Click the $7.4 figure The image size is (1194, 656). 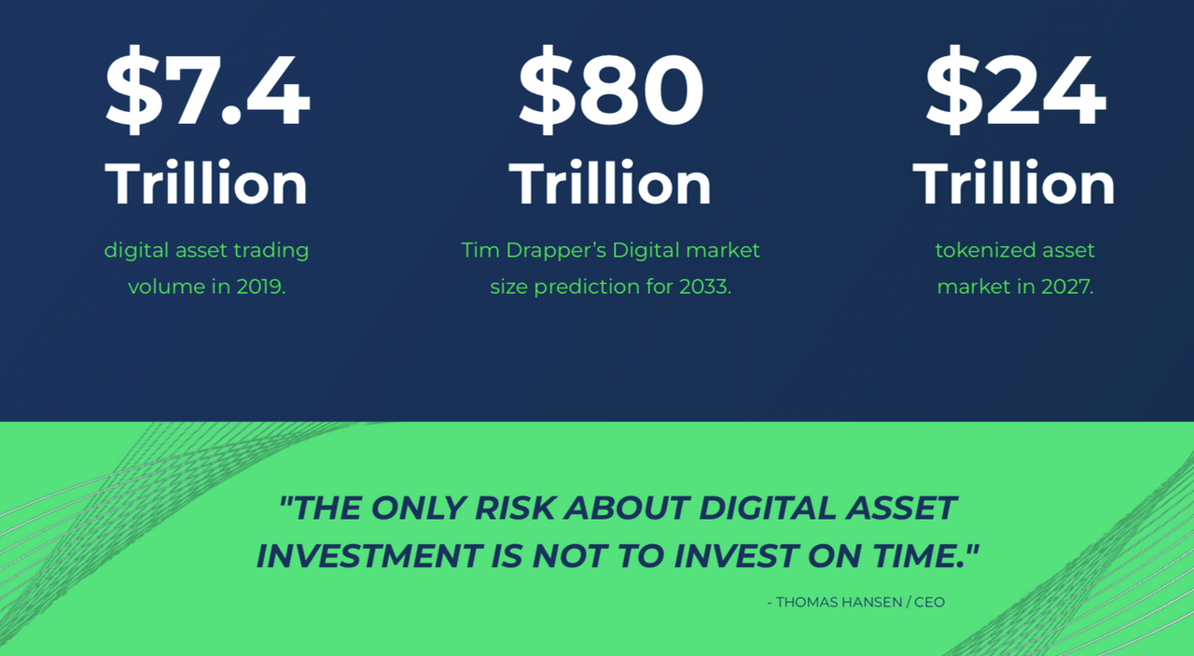click(207, 91)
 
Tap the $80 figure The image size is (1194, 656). click(611, 91)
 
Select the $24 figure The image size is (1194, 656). click(1016, 91)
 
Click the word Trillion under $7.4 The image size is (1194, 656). click(206, 182)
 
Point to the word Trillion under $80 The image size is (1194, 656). click(610, 182)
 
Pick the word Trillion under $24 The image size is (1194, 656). click(1014, 182)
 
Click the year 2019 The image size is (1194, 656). click(260, 286)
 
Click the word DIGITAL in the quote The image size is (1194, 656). click(767, 508)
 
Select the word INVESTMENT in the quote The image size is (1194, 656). click(369, 556)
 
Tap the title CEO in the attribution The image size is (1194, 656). click(930, 602)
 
